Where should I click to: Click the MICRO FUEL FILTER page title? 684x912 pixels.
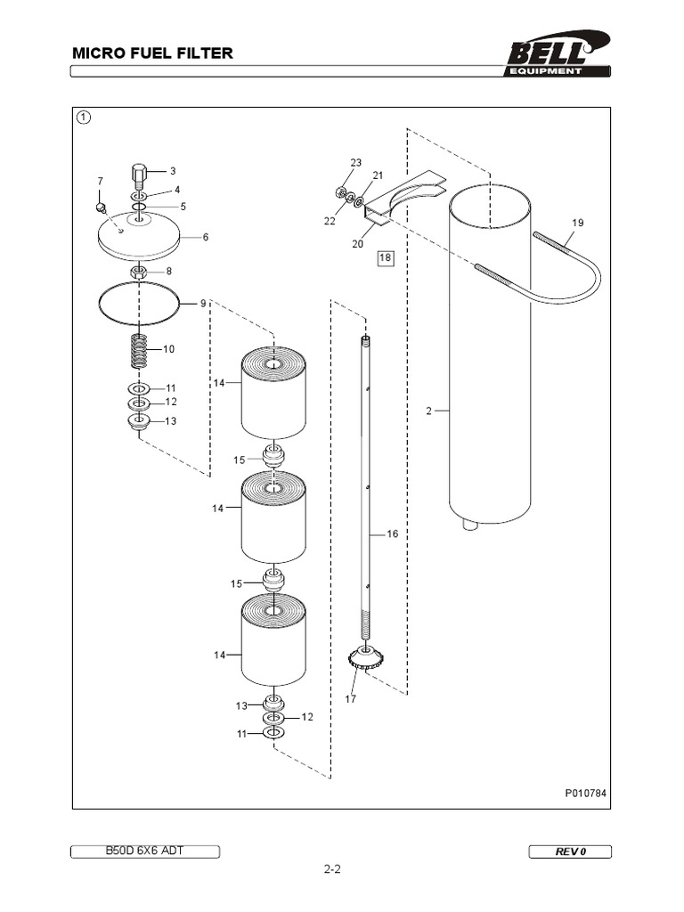(x=152, y=53)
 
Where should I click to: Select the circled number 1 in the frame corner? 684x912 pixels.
(x=83, y=117)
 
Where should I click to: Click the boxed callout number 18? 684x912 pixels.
(x=385, y=258)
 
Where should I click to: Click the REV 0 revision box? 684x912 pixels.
(x=570, y=851)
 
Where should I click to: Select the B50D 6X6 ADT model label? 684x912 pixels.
(x=145, y=851)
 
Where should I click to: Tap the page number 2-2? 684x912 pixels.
(x=332, y=870)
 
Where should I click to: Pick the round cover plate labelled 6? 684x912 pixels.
(x=138, y=237)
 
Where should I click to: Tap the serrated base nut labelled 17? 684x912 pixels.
(x=365, y=661)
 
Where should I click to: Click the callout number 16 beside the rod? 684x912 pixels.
(x=392, y=534)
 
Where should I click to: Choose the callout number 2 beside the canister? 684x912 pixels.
(x=428, y=411)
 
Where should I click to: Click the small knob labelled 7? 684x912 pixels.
(x=102, y=208)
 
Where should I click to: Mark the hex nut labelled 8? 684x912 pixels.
(x=138, y=271)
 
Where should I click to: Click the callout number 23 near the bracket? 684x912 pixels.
(x=356, y=163)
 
